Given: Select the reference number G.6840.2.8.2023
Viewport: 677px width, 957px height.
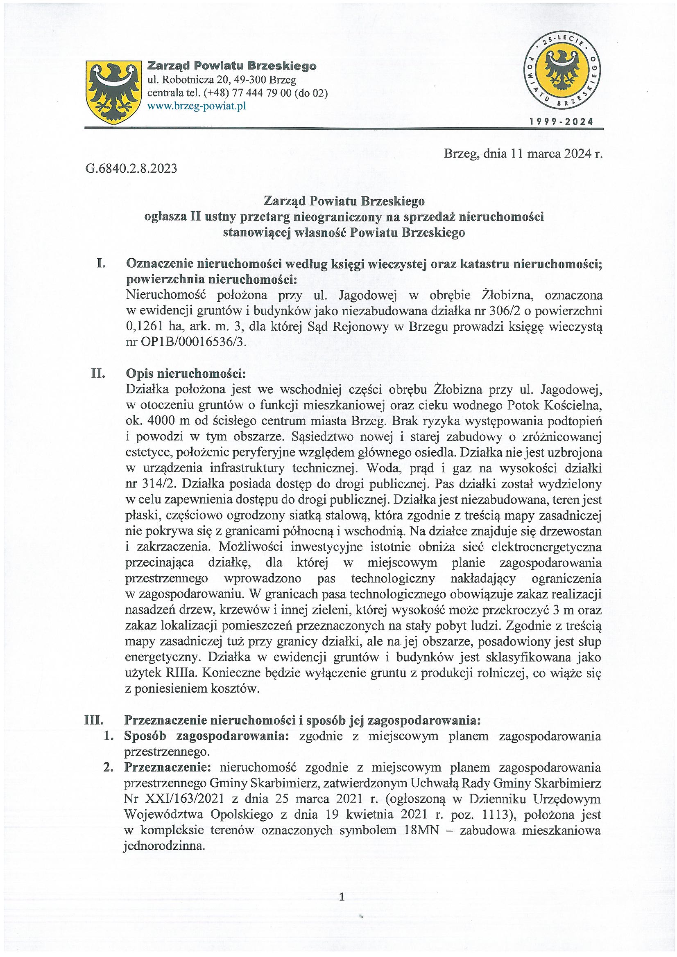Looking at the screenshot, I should tap(131, 169).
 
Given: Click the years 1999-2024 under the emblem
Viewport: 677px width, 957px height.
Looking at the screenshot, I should tap(561, 122).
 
